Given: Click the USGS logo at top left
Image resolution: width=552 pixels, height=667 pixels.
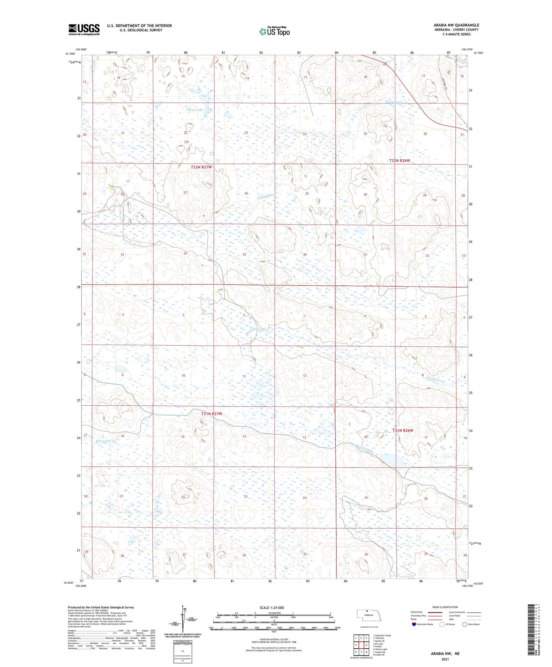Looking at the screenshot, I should [x=84, y=29].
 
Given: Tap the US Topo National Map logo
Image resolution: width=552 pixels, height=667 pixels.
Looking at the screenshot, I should [x=274, y=31].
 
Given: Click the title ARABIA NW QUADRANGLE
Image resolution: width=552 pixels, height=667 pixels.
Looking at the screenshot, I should [x=456, y=25].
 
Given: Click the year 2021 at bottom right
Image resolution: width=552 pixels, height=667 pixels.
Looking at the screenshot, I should [x=445, y=659].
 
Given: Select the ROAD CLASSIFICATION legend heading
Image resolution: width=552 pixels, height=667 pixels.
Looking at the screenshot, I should [x=445, y=607].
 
